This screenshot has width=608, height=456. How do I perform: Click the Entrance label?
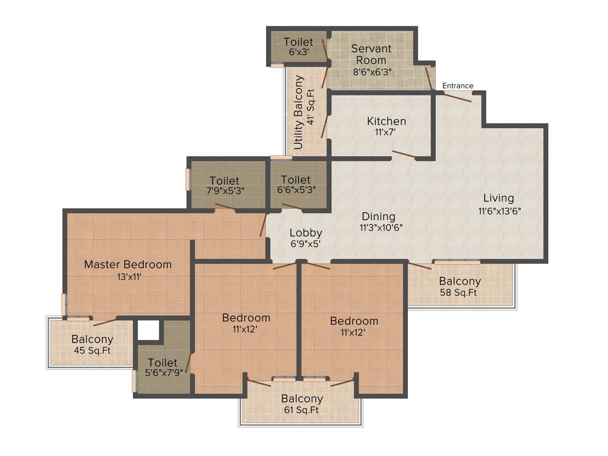point(458,85)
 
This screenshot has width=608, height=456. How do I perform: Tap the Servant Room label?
point(371,54)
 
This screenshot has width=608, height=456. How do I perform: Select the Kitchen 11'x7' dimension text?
point(387,132)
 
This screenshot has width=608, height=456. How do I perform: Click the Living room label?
point(498,198)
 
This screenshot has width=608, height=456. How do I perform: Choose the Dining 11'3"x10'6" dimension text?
point(381,228)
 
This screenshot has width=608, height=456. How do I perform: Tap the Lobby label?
point(306,233)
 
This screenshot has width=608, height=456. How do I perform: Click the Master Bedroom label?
point(128,264)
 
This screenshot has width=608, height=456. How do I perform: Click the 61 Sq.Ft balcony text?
point(302,410)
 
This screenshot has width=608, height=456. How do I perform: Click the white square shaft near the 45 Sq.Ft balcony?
point(148,330)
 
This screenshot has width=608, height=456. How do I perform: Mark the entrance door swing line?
point(457,97)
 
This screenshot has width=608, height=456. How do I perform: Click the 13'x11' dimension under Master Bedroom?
point(128,276)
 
